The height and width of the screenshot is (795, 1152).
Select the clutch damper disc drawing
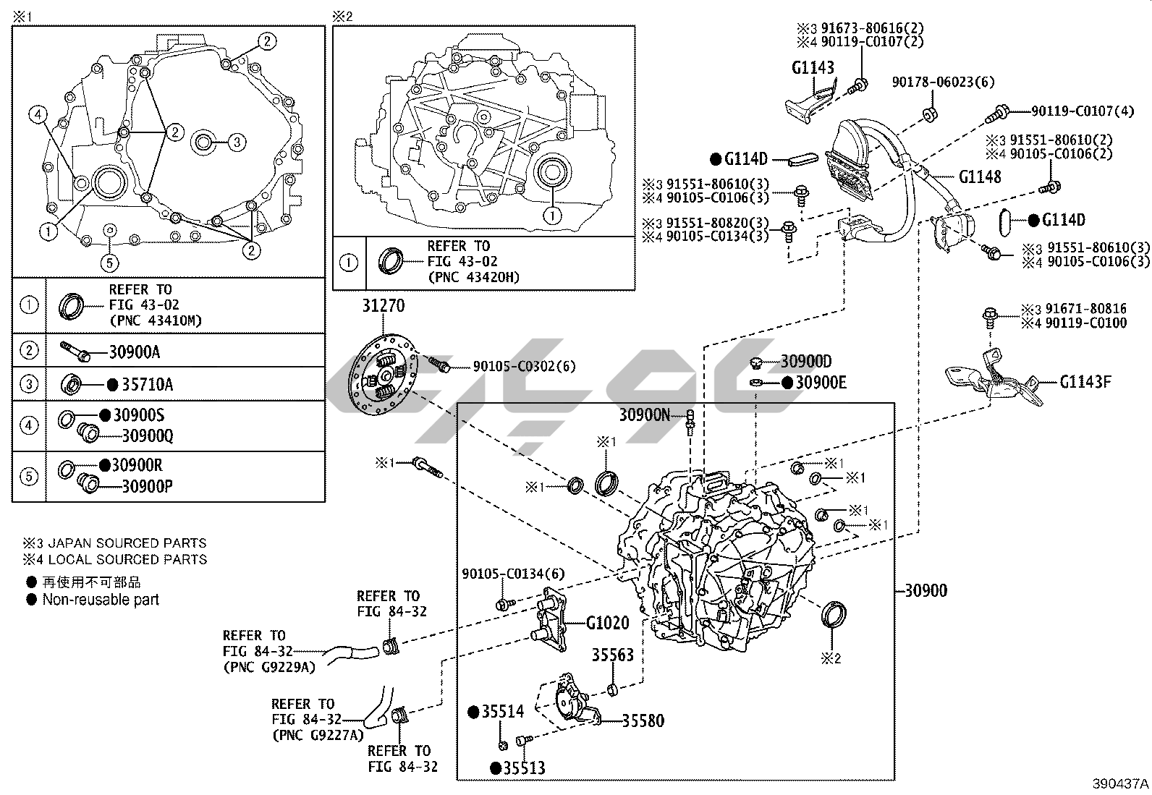point(382,378)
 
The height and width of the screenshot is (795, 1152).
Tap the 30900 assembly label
point(926,590)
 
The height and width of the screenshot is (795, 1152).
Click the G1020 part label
point(607,623)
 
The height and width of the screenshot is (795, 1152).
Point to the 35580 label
point(643,720)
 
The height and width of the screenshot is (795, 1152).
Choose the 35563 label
point(612,655)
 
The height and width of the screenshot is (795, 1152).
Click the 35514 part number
point(502,712)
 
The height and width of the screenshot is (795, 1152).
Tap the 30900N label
point(644,414)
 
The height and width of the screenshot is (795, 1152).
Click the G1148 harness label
point(980,177)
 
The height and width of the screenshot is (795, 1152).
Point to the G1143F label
point(1085,381)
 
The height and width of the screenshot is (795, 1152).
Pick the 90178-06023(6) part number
point(943,82)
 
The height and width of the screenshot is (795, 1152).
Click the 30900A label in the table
point(134,352)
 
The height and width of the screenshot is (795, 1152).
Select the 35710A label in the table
point(147,385)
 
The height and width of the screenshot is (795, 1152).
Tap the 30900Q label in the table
point(147,435)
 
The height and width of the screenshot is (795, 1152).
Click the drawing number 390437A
point(1120,784)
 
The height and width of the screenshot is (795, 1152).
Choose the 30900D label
point(805,361)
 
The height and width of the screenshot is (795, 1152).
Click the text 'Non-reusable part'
point(101,600)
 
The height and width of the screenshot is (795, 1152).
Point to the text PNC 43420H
point(473,277)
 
